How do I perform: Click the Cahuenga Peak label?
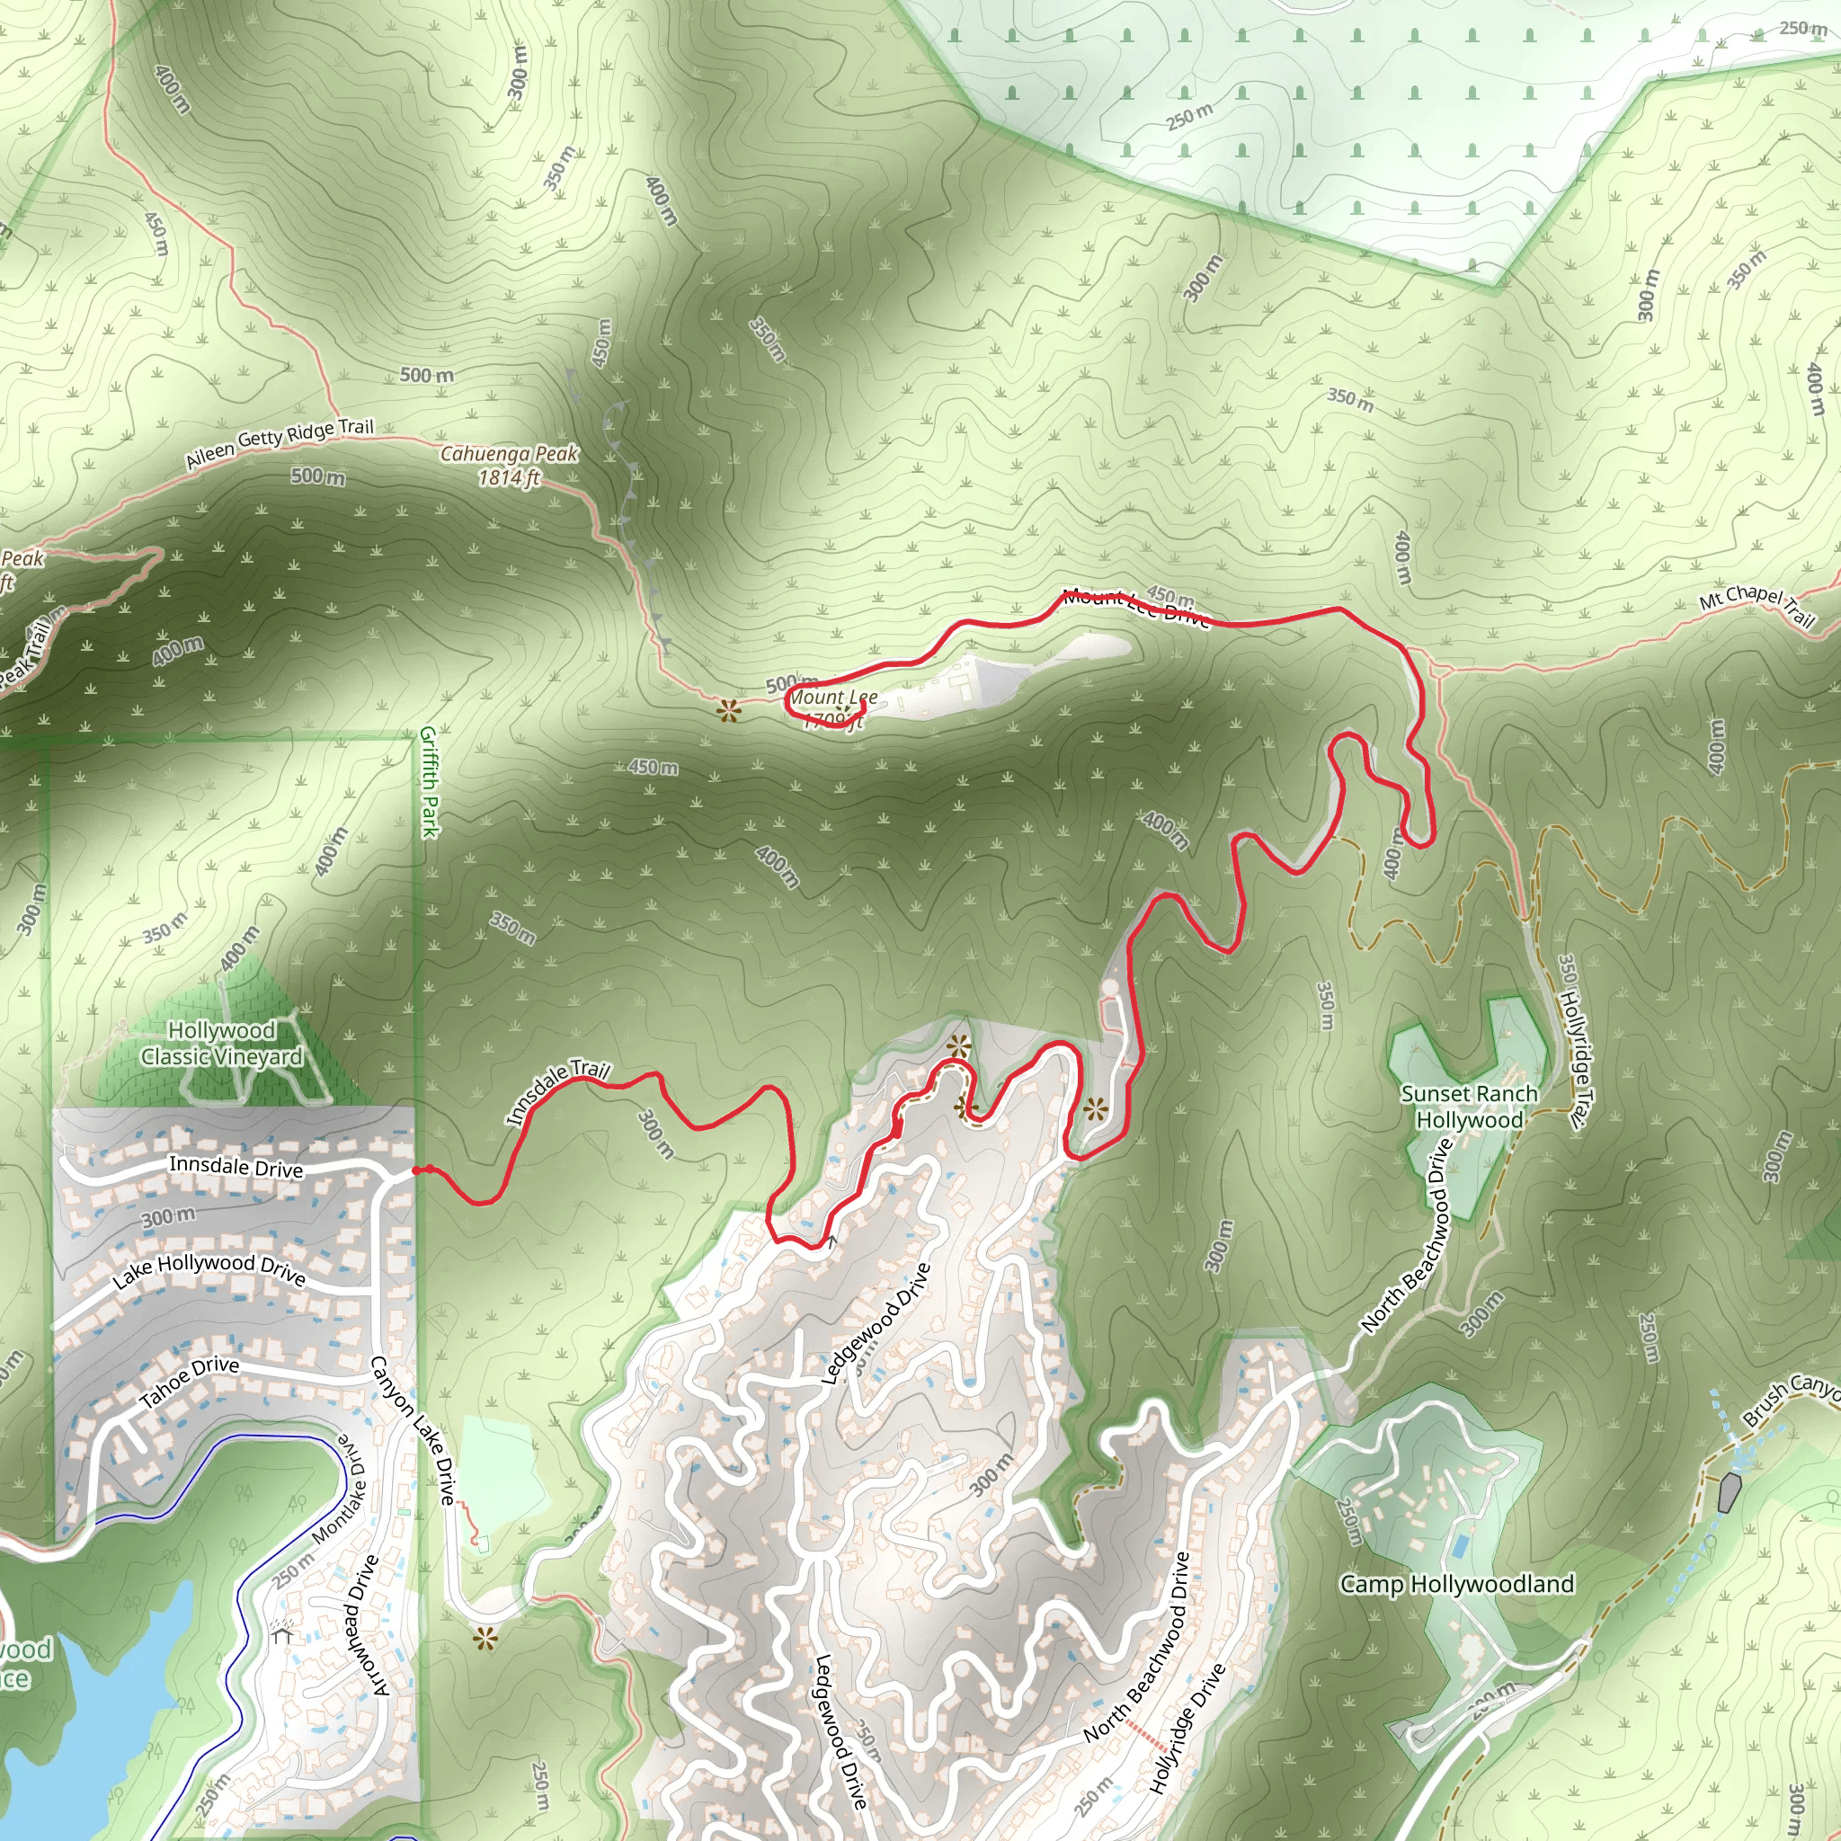509,465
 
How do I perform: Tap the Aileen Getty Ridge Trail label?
280,443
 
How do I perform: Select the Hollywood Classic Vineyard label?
222,1044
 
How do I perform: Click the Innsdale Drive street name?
236,1166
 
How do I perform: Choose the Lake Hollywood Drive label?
209,1270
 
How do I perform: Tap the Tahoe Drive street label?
190,1381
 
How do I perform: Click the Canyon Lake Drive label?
412,1430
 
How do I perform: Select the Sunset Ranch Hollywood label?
1470,1107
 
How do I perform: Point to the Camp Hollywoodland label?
1457,1584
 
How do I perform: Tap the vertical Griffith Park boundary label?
430,781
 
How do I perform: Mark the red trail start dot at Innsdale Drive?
417,1170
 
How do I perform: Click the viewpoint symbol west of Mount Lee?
729,710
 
